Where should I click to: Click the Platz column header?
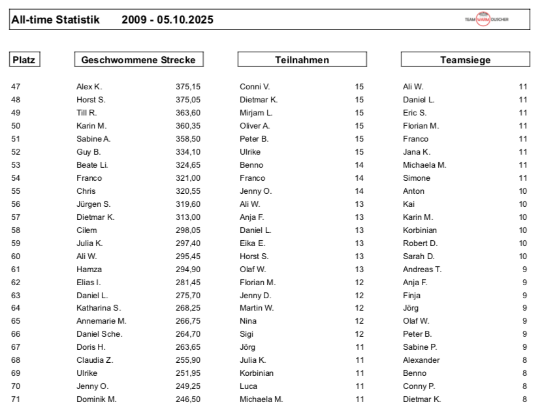pos(24,60)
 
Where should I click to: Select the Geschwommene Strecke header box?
pos(138,60)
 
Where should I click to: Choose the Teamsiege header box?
pos(465,60)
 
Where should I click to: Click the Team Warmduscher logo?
pos(486,20)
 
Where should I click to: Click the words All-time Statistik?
pos(56,20)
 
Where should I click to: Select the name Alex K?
pos(89,87)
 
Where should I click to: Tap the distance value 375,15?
pos(188,87)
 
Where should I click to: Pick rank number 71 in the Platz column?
pos(16,399)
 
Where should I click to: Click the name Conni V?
pos(255,87)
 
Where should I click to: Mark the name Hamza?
pos(89,269)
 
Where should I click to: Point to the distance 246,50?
pos(188,399)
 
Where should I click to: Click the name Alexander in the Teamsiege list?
pos(421,360)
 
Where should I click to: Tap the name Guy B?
pos(88,152)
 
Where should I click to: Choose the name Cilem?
pos(86,230)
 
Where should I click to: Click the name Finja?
pos(412,295)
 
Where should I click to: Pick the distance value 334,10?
pos(188,152)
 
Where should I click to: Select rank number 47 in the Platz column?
pos(16,87)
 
